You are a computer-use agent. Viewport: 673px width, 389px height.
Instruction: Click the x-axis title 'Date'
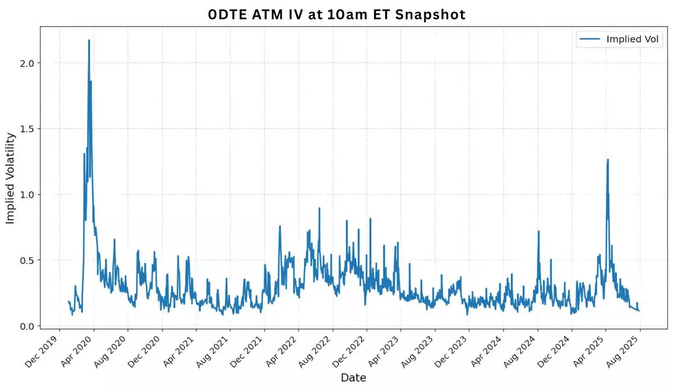coord(353,378)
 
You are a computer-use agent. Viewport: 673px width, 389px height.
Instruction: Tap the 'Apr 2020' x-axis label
coord(78,351)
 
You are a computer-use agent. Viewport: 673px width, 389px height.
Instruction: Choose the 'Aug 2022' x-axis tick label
coord(317,351)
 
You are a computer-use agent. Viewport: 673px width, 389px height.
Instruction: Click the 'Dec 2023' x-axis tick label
coord(454,351)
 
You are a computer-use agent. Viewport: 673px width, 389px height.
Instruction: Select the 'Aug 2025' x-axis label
coord(625,351)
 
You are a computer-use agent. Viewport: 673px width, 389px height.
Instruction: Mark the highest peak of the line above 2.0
coord(89,40)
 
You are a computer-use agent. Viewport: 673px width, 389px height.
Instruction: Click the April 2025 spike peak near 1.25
coord(607,160)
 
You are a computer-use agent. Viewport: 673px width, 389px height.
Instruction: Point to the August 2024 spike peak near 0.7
coord(538,231)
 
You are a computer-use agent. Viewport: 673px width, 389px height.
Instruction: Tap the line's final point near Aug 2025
coord(639,311)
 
